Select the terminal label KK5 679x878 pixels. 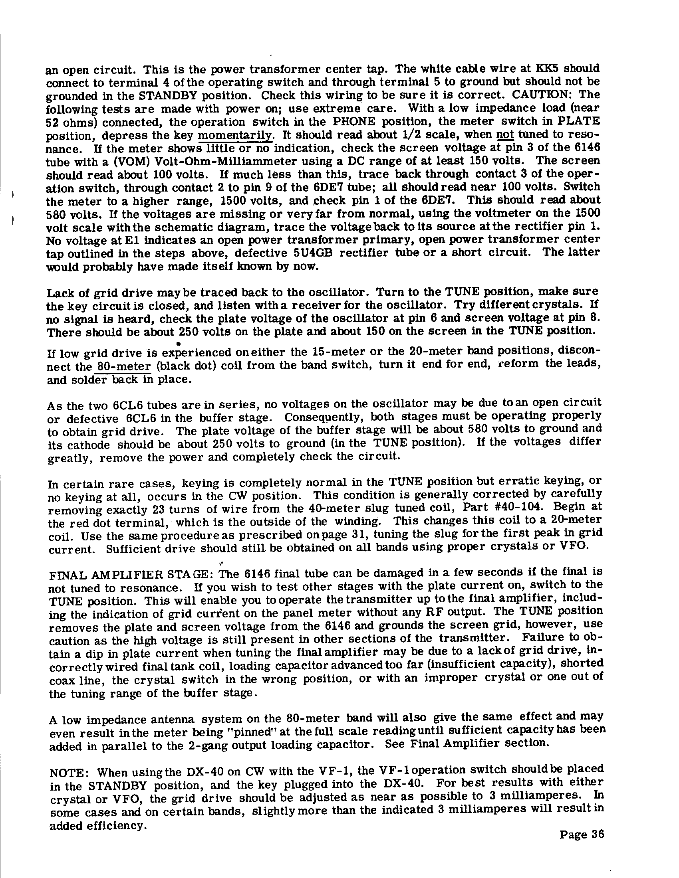point(544,68)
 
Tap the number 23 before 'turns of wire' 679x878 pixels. point(159,510)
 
